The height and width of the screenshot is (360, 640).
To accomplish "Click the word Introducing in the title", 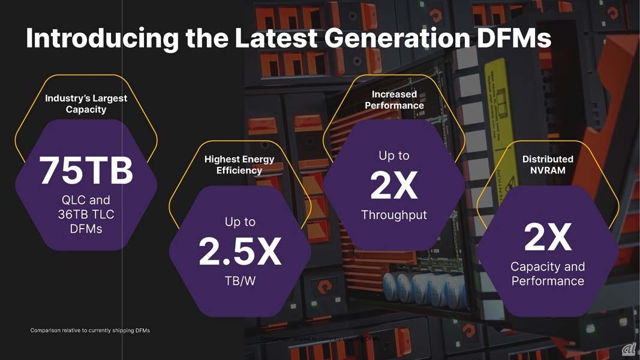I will point(102,38).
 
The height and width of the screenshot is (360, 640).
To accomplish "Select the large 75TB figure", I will point(86,170).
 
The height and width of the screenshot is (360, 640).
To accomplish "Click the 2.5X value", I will point(240,252).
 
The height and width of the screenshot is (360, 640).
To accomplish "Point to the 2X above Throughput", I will point(394,186).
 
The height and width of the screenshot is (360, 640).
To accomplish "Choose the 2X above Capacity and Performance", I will point(548,238).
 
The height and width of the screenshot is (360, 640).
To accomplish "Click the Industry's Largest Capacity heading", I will point(86,104).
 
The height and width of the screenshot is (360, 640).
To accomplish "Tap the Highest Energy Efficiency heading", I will point(239,164).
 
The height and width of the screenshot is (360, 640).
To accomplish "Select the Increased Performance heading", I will point(394,100).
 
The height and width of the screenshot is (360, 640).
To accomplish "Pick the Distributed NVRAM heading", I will point(548,164).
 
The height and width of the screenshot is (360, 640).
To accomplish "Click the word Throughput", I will point(394,215).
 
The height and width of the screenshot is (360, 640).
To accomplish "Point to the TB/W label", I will point(240,281).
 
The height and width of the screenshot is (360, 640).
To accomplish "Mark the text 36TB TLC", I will point(86,214).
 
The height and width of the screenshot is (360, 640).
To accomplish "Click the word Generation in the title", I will point(397,38).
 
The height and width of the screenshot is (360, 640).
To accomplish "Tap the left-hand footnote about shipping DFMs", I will point(90,331).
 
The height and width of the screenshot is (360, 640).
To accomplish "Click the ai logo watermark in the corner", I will point(629,349).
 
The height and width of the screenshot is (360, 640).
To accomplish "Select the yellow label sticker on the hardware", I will point(501,96).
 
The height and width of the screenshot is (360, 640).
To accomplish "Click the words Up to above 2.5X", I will point(240,222).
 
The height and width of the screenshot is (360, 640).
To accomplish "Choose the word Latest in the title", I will point(275,38).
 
